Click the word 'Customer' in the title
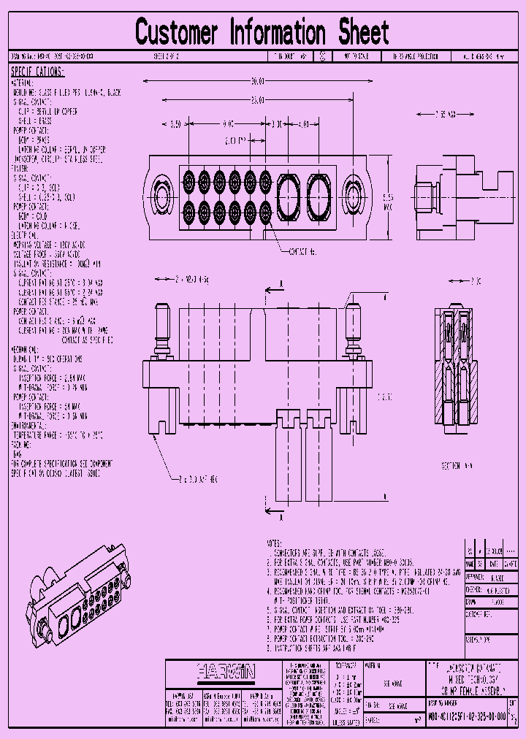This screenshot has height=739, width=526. [177, 33]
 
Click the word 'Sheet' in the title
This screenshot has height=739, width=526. [363, 33]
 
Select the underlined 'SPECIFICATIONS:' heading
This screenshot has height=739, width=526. [37, 72]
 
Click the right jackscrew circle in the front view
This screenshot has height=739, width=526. [354, 196]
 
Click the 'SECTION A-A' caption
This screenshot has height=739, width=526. [459, 464]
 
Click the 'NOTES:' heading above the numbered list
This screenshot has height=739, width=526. [274, 544]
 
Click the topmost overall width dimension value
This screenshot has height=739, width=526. [256, 80]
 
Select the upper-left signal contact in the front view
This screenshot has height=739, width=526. [188, 179]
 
